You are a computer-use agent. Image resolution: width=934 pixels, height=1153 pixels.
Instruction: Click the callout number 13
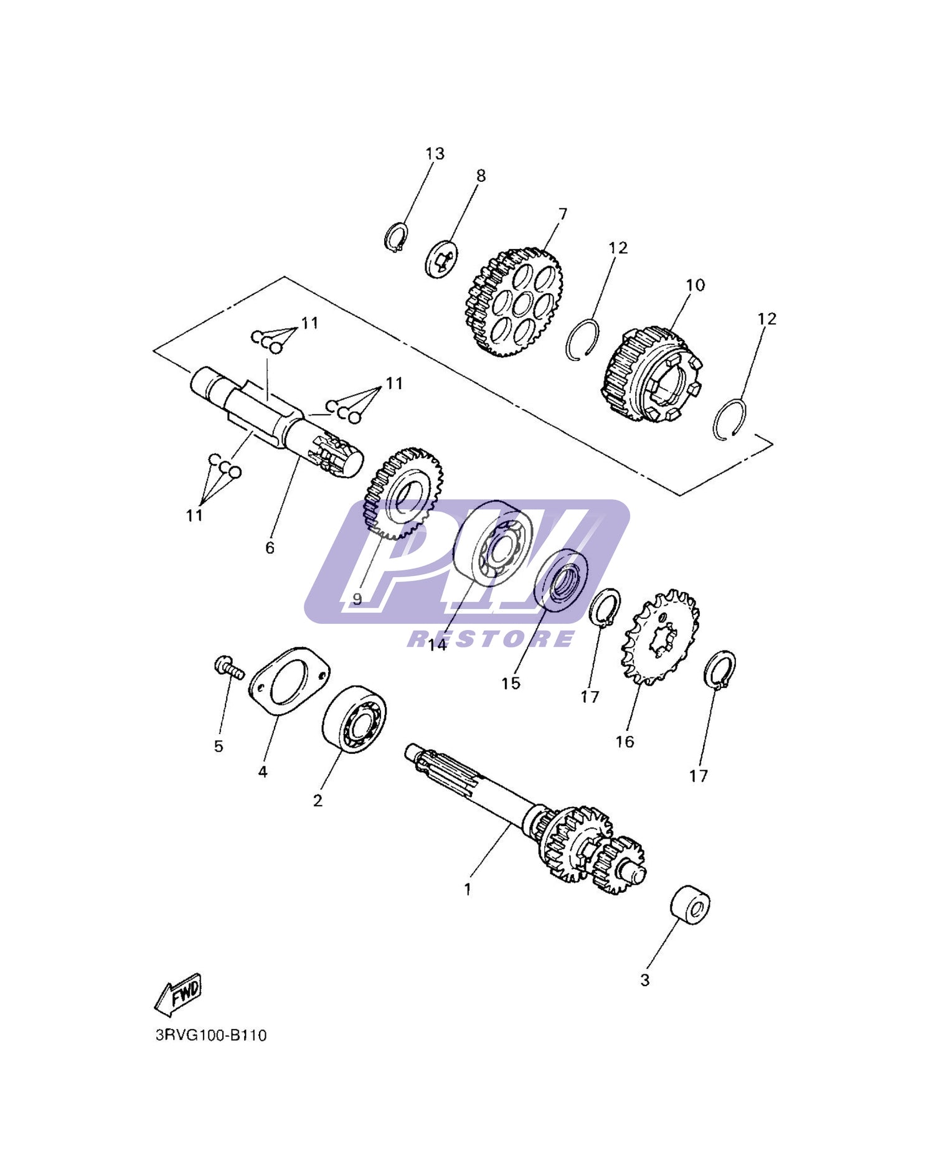(x=435, y=153)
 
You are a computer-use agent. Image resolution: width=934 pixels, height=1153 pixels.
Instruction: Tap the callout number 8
(x=481, y=176)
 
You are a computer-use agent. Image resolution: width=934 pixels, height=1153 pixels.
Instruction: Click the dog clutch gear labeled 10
(x=651, y=375)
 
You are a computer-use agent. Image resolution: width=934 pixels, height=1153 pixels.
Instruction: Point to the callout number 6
(x=270, y=548)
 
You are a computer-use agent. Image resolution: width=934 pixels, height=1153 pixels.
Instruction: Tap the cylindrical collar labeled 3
(x=690, y=903)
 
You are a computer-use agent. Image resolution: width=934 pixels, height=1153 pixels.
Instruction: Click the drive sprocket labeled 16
(x=661, y=638)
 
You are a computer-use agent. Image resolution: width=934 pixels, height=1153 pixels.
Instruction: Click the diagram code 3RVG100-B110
(x=211, y=1035)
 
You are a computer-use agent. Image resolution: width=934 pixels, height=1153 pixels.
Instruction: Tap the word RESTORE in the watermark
(x=491, y=639)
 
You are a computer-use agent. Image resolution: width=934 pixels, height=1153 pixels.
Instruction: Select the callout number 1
(x=468, y=890)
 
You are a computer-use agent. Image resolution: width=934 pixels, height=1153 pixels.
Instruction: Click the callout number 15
(x=511, y=684)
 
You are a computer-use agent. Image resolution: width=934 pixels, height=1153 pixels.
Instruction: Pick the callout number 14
(x=437, y=645)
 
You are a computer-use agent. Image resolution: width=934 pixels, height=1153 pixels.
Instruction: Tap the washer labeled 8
(x=442, y=258)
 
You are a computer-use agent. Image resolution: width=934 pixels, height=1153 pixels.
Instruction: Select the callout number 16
(x=625, y=741)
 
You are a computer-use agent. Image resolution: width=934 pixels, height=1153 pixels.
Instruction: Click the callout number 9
(x=357, y=599)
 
